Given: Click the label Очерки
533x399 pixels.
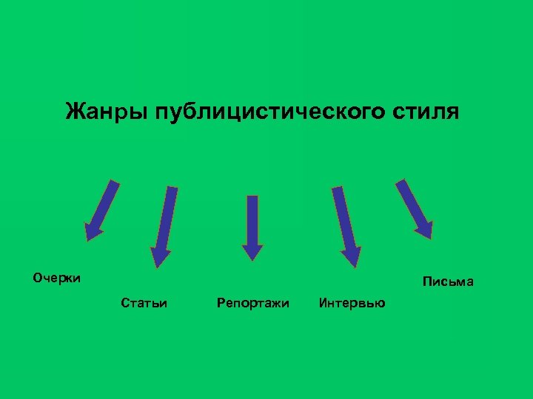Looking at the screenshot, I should coord(56,279).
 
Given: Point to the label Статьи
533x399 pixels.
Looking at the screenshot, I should coord(143,303).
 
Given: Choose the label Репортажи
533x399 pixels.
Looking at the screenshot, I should coord(252,303).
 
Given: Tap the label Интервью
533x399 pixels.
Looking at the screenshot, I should coord(352,303).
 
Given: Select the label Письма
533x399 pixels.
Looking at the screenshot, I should coord(448,282).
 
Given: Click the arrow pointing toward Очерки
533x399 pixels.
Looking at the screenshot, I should coord(103,210).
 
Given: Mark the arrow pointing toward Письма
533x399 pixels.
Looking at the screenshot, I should coord(415,208).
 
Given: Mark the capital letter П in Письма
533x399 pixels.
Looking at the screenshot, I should coord(426,282).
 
